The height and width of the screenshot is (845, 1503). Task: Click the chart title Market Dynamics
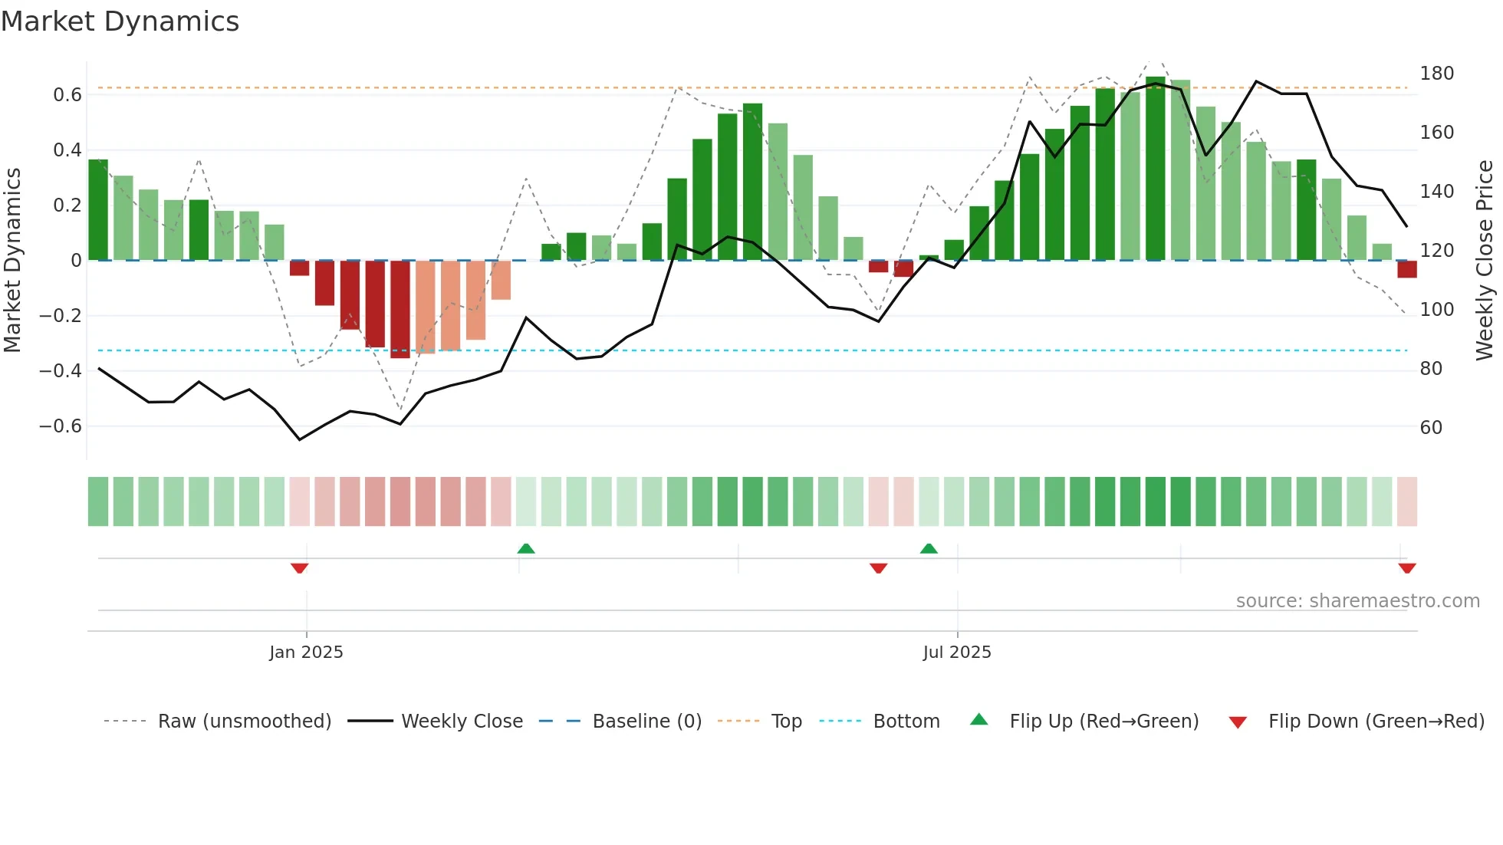point(120,21)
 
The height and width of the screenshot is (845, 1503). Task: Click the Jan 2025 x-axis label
point(306,653)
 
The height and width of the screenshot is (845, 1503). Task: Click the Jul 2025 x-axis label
point(957,653)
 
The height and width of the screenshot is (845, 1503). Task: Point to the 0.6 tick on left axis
point(67,95)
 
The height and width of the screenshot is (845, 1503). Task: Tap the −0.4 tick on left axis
point(61,371)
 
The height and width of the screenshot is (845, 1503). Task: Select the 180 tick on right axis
point(1436,74)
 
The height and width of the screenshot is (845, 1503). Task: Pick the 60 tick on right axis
point(1431,428)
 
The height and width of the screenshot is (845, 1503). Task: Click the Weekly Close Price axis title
point(1485,260)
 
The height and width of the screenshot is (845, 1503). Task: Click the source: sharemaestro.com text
point(1357,601)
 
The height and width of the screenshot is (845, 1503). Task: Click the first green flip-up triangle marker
point(526,548)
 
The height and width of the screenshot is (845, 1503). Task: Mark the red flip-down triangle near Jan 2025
point(300,568)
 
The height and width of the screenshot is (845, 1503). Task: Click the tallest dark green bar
point(1155,169)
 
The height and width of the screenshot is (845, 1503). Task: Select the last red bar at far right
point(1406,269)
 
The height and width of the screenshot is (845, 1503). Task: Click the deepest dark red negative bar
point(400,310)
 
